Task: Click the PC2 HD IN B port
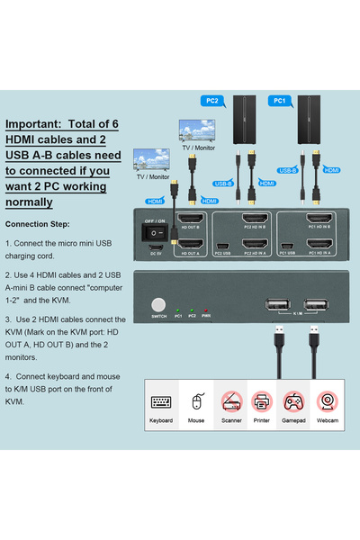[254, 220]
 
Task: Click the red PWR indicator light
[206, 310]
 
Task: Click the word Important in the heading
[35, 125]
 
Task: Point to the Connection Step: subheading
[43, 223]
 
